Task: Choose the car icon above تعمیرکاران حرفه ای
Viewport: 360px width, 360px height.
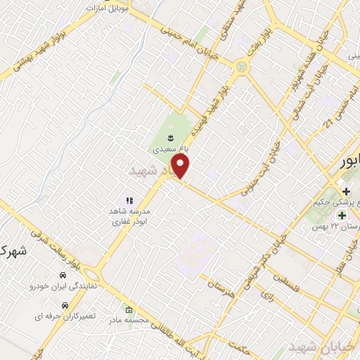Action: click(64, 305)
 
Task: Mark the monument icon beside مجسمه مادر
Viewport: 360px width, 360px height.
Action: click(128, 310)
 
